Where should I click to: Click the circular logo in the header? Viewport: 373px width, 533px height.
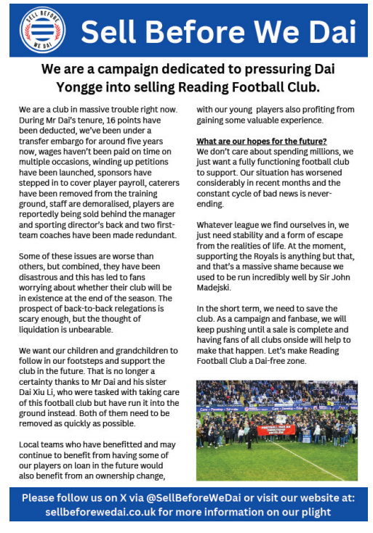click(x=43, y=30)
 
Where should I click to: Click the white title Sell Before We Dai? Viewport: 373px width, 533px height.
click(x=219, y=32)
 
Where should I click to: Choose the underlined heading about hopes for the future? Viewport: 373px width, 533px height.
click(x=262, y=141)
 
